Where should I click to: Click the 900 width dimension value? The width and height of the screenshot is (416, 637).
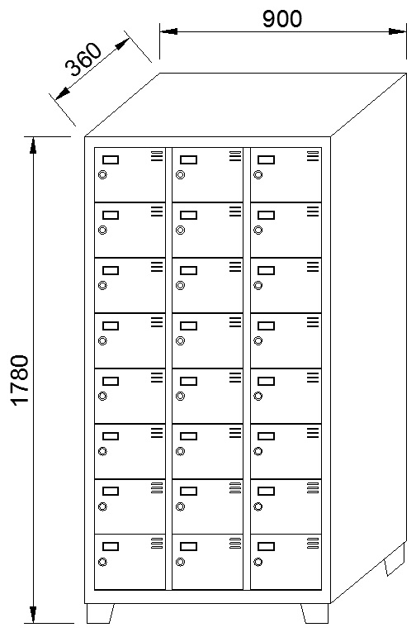click(x=282, y=19)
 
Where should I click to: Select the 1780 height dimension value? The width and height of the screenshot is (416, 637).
click(x=20, y=380)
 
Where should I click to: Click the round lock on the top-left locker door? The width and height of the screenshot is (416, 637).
click(x=102, y=174)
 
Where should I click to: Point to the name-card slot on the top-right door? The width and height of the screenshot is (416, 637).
click(x=267, y=159)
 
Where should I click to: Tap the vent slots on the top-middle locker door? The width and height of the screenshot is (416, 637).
click(x=235, y=156)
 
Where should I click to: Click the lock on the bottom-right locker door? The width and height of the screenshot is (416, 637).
click(x=258, y=562)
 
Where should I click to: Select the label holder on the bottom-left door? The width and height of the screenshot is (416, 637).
click(x=111, y=546)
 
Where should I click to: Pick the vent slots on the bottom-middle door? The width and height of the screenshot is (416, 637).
click(x=235, y=543)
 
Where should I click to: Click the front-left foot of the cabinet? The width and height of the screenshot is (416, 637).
click(x=100, y=613)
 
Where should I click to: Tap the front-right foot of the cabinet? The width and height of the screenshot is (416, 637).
click(x=314, y=613)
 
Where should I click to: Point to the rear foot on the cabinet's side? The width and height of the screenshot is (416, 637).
click(x=395, y=559)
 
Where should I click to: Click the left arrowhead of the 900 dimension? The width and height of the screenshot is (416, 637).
click(x=168, y=31)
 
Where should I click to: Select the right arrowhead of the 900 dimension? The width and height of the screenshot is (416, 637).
click(x=397, y=31)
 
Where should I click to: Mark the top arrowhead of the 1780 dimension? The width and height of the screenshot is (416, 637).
click(x=33, y=145)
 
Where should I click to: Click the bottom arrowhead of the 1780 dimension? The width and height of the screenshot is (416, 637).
click(x=33, y=615)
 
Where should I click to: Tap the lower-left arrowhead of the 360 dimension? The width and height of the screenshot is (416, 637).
click(x=62, y=94)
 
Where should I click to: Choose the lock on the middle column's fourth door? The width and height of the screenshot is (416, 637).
click(x=181, y=341)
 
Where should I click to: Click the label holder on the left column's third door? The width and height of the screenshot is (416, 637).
click(x=111, y=270)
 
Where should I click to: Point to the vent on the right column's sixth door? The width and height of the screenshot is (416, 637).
click(x=313, y=433)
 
